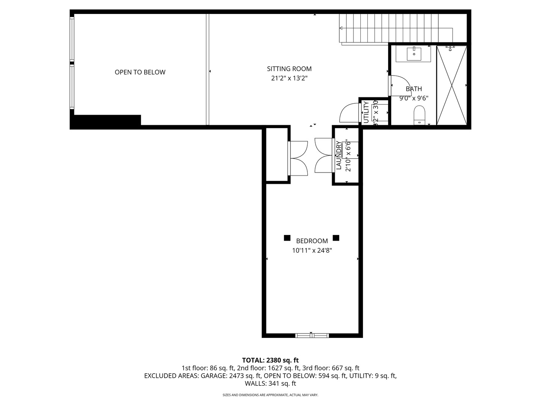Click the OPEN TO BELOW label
point(140,72)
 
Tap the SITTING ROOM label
point(289,69)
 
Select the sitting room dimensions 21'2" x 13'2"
point(289,78)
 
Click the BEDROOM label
point(312,241)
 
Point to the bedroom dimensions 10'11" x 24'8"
point(312,250)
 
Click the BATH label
point(414,89)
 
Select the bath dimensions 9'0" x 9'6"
point(414,98)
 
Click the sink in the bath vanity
point(414,53)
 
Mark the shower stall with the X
point(451,85)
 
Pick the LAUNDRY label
point(339,155)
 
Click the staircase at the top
point(389,28)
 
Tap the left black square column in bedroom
point(287,238)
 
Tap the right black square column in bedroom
point(336,238)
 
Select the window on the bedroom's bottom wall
point(312,335)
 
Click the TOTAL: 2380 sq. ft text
point(270,360)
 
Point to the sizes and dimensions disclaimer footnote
point(270,395)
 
